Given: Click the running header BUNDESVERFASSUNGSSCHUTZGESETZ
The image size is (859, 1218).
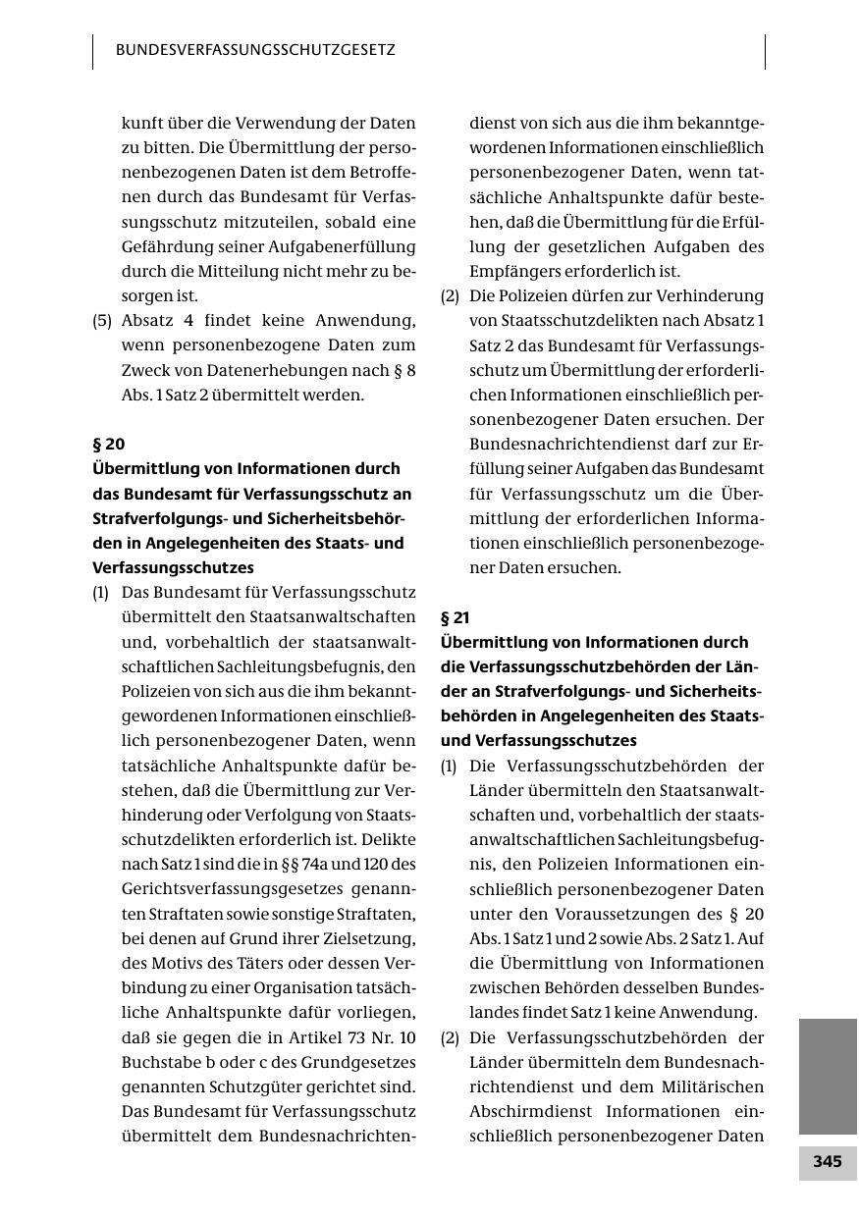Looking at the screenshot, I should [255, 49].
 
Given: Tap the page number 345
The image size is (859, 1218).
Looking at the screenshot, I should [827, 1162].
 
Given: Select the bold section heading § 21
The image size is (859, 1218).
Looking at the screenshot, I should [456, 617].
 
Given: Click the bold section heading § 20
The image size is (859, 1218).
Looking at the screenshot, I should [108, 444].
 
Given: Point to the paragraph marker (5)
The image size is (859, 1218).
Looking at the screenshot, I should [102, 320].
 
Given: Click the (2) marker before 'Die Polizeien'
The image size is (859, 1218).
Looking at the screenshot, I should [451, 295].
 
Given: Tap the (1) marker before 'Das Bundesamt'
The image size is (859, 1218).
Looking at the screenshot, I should [101, 592].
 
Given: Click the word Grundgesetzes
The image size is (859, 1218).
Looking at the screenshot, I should [358, 1062].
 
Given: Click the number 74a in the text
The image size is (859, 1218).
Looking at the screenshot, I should [323, 864].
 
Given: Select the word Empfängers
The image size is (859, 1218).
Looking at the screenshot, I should [515, 271].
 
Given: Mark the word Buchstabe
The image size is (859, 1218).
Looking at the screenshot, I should [163, 1062].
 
